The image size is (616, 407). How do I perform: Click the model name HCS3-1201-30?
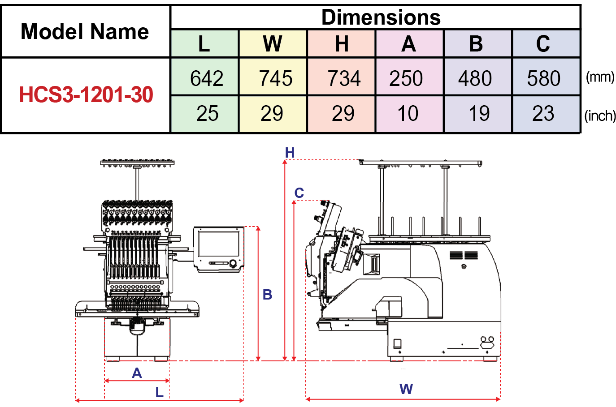click(x=86, y=95)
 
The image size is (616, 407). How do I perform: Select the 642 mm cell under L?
click(x=206, y=78)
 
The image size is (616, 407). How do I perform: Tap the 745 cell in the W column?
click(x=275, y=78)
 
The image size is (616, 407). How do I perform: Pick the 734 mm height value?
click(x=343, y=78)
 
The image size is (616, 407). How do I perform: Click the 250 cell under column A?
click(x=406, y=78)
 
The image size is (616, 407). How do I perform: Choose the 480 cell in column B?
click(x=475, y=78)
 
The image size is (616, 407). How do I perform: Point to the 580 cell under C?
click(x=543, y=78)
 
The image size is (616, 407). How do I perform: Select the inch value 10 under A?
click(x=408, y=114)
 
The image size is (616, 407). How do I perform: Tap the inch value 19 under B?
click(x=478, y=114)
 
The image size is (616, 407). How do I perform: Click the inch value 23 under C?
click(x=543, y=114)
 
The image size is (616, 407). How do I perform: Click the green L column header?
click(x=204, y=44)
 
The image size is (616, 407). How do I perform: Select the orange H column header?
click(x=342, y=44)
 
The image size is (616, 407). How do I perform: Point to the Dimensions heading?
click(x=381, y=17)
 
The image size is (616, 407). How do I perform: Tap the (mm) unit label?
click(x=600, y=77)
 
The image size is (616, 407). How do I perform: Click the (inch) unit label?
click(x=600, y=116)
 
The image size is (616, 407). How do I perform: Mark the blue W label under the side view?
click(x=406, y=389)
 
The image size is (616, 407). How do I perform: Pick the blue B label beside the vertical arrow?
click(x=268, y=295)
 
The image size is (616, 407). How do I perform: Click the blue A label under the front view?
click(x=137, y=373)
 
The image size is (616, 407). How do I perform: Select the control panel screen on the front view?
click(x=219, y=244)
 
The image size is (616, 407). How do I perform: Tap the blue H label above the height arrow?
click(x=290, y=153)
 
